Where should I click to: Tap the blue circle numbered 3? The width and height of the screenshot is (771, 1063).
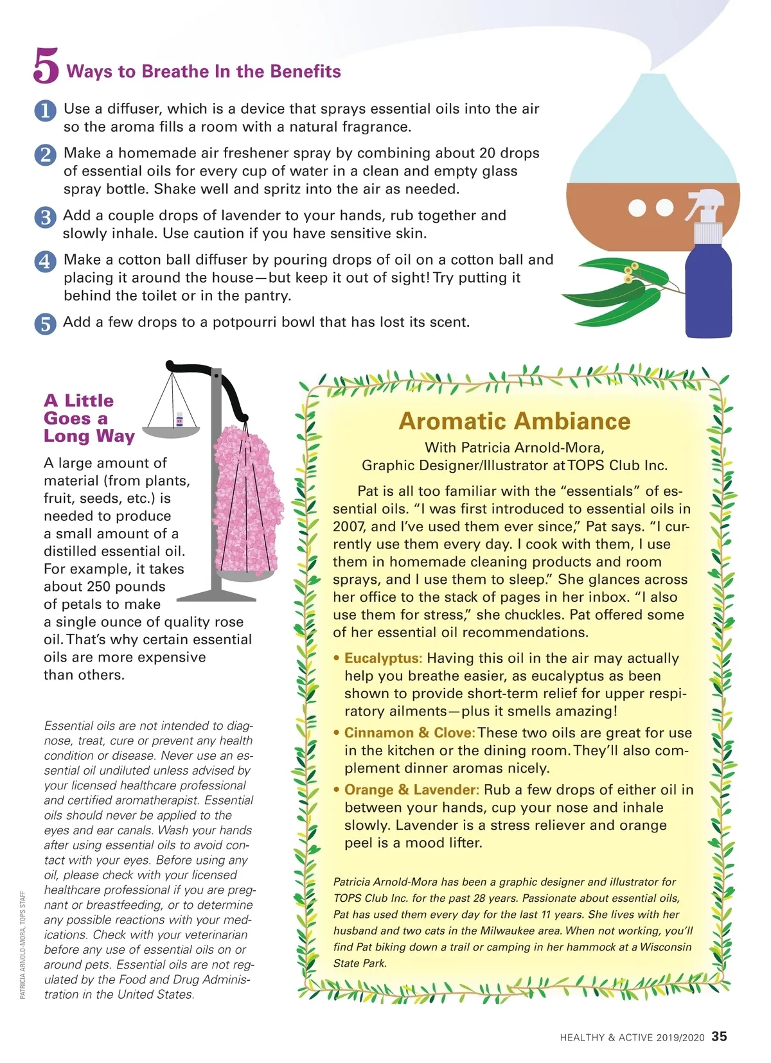pos(45,217)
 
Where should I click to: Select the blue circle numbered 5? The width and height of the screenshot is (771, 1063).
pos(45,324)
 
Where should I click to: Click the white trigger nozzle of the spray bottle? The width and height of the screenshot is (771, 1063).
pos(707,206)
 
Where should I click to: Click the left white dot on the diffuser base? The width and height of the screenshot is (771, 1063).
pos(637,208)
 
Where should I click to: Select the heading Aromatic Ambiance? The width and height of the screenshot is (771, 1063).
pos(514,421)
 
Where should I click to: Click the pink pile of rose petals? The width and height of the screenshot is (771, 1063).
pos(247,501)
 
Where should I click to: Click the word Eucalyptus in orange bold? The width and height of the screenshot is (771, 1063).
pos(382,658)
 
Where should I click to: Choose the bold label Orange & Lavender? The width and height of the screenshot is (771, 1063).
pos(411,790)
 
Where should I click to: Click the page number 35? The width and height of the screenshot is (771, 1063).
pos(720,1036)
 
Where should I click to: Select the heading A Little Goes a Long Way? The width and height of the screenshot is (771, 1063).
pos(89,418)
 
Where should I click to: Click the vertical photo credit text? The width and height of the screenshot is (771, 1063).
pos(22,944)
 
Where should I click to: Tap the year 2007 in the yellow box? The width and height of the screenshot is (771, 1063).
pos(350,527)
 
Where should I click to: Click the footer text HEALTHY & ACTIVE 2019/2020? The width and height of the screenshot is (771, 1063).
pos(632,1037)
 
